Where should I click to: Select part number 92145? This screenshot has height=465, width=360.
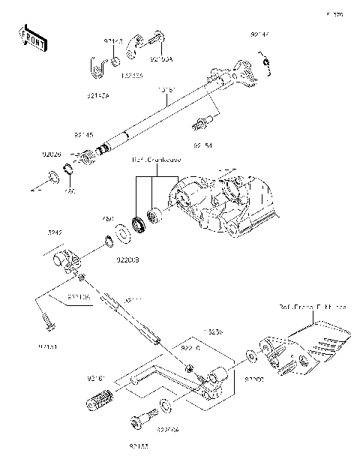83,135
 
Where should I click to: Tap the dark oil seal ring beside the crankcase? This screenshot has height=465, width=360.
137,223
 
